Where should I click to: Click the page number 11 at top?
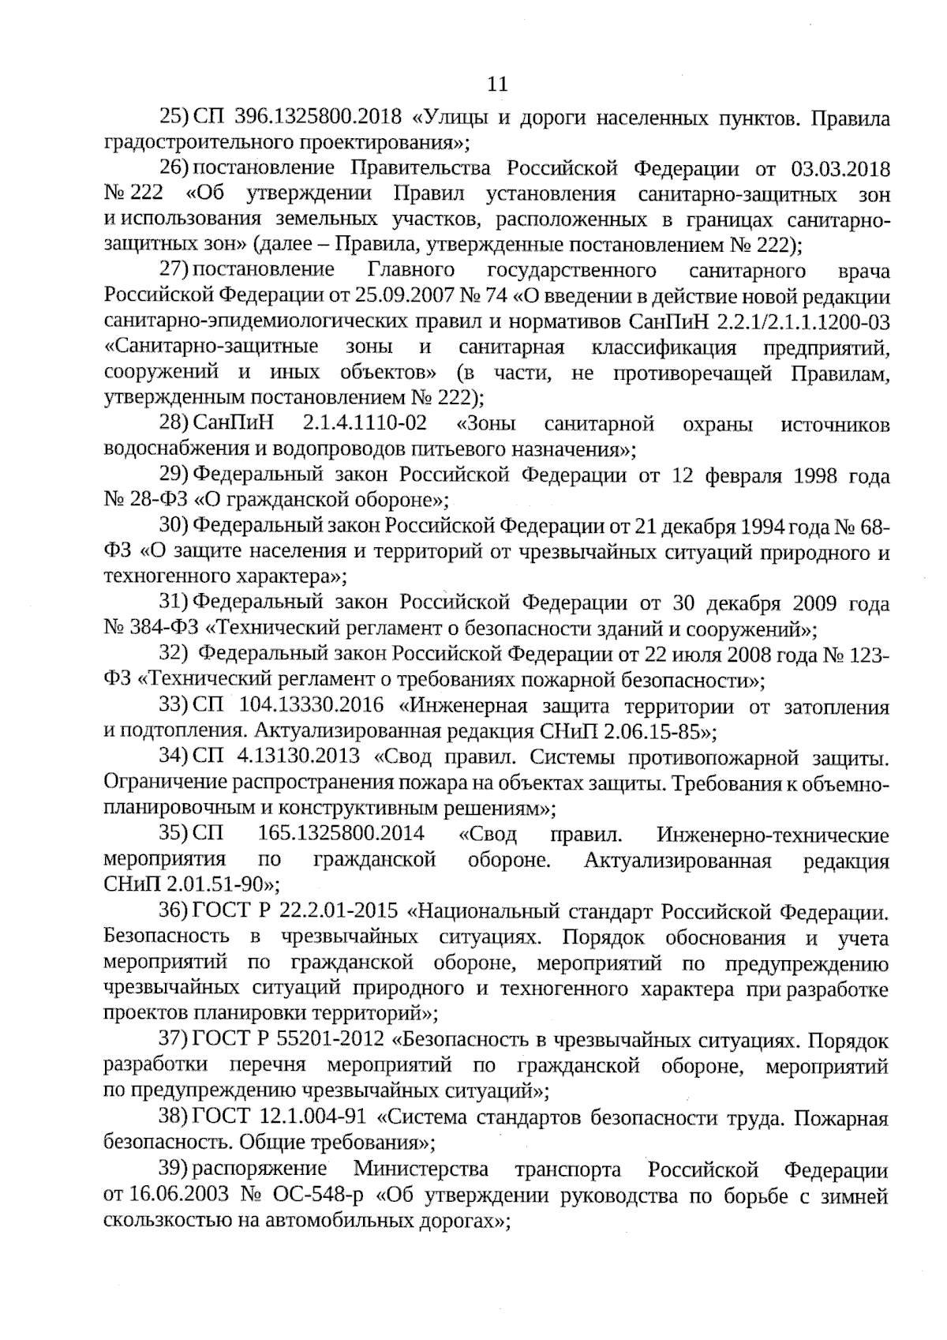[498, 84]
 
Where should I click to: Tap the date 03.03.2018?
[840, 170]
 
